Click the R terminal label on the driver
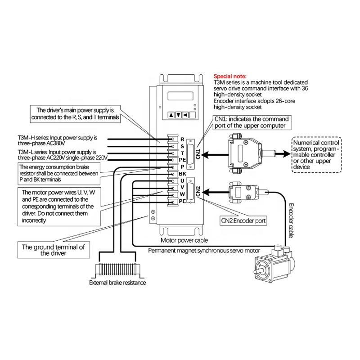click(182, 139)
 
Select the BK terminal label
click(182, 173)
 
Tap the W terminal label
click(182, 194)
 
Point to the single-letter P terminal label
click(182, 166)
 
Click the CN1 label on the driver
click(198, 155)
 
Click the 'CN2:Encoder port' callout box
click(243, 221)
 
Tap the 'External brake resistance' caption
click(118, 283)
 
